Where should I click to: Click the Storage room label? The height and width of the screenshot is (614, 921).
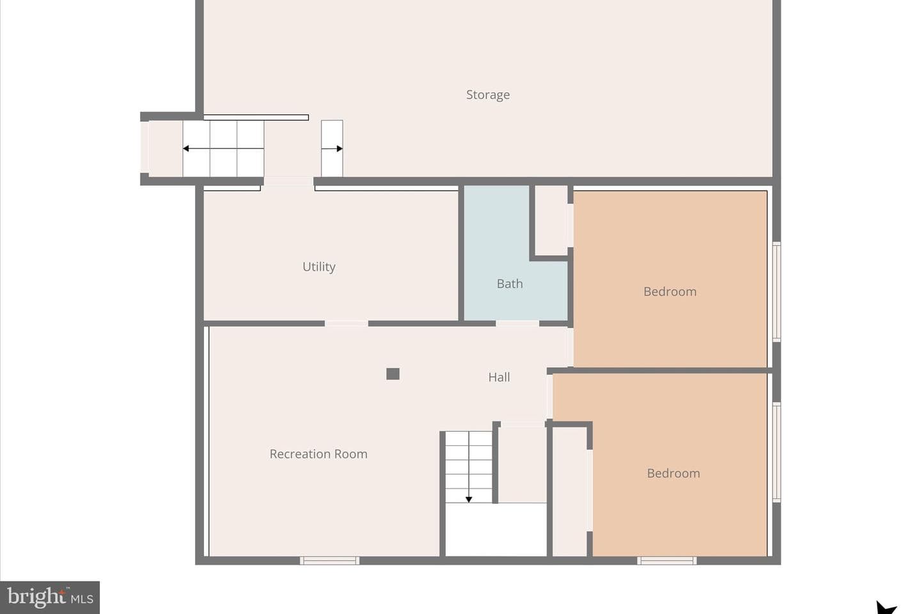pyautogui.click(x=487, y=95)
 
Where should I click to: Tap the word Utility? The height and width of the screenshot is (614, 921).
pyautogui.click(x=319, y=267)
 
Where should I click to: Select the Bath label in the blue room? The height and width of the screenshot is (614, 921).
pyautogui.click(x=509, y=284)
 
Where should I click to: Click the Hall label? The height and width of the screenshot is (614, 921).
pyautogui.click(x=499, y=377)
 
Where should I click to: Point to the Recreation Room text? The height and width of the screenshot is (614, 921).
pyautogui.click(x=319, y=454)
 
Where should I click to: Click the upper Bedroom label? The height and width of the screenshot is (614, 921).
pyautogui.click(x=670, y=292)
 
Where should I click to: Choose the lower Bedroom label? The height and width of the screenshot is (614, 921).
pyautogui.click(x=673, y=473)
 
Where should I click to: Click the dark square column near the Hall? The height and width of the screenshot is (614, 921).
pyautogui.click(x=393, y=374)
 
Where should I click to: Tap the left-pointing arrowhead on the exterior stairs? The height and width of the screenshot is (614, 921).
pyautogui.click(x=186, y=148)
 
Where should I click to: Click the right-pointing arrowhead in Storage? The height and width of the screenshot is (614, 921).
pyautogui.click(x=340, y=148)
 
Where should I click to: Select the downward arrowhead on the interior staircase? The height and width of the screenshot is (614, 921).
pyautogui.click(x=468, y=500)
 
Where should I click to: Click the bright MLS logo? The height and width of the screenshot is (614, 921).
pyautogui.click(x=50, y=597)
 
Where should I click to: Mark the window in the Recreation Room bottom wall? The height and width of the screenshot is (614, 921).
pyautogui.click(x=329, y=560)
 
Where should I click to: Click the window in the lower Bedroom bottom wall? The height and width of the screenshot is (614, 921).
pyautogui.click(x=667, y=560)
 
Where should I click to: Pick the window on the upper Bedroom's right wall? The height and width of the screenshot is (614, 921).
pyautogui.click(x=776, y=292)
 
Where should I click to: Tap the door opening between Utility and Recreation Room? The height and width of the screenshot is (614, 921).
pyautogui.click(x=346, y=324)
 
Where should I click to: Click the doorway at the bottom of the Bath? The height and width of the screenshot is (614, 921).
pyautogui.click(x=517, y=324)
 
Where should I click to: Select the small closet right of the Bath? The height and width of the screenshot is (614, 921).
pyautogui.click(x=551, y=221)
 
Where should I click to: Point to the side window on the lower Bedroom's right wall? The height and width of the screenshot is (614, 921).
pyautogui.click(x=776, y=452)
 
